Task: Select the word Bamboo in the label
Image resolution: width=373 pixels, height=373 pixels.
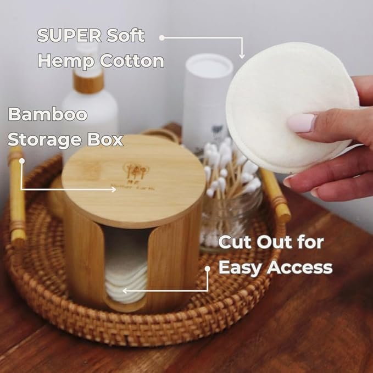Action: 47,115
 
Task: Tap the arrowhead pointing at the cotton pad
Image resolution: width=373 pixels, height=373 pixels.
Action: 242,55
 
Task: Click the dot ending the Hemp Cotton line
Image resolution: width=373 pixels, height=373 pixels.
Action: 162,37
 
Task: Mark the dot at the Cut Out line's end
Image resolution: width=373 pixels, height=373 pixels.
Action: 208,269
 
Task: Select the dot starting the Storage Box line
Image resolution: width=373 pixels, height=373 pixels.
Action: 22,161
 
